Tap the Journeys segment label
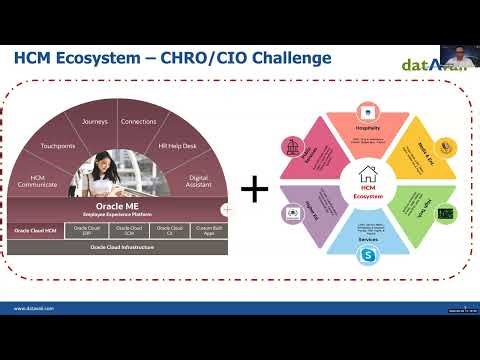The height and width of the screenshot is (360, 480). (x=94, y=122)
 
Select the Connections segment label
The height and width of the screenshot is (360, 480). (x=138, y=122)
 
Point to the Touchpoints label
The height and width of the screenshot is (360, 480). (x=55, y=144)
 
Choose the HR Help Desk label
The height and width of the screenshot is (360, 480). (x=177, y=146)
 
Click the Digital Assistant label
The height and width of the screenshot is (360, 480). (x=200, y=181)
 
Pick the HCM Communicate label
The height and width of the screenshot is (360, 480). (x=37, y=181)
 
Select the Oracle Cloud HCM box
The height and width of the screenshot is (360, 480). (x=36, y=229)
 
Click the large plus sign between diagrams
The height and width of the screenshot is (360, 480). (x=256, y=187)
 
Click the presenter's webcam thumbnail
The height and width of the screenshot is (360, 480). (x=456, y=52)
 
